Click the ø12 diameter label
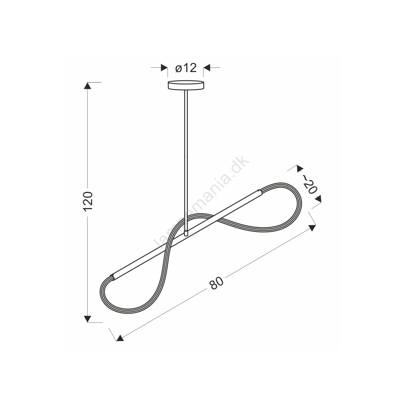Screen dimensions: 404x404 pyautogui.click(x=186, y=68)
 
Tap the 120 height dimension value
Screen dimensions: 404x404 pyautogui.click(x=88, y=201)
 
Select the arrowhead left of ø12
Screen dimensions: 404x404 pyautogui.click(x=164, y=68)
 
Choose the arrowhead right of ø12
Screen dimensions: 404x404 pyautogui.click(x=207, y=68)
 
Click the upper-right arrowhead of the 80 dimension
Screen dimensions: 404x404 pyautogui.click(x=312, y=228)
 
